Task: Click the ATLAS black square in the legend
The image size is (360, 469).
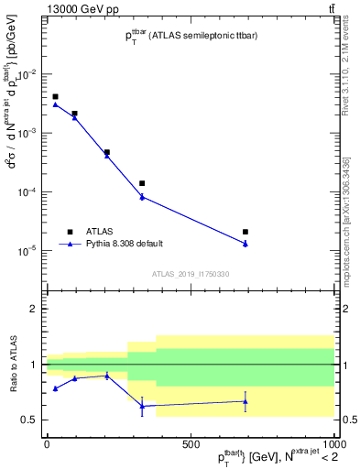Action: click(x=70, y=232)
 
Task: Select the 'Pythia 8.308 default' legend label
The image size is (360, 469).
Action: click(x=124, y=244)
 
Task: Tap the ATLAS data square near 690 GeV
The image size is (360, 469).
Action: click(x=245, y=232)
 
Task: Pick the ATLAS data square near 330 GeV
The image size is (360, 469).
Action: click(x=142, y=183)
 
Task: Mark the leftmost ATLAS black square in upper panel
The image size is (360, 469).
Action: click(x=55, y=96)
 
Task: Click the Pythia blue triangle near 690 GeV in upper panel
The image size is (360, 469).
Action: click(x=245, y=244)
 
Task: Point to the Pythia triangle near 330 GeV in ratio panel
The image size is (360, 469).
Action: click(x=142, y=406)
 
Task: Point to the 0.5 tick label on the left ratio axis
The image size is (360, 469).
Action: click(x=32, y=420)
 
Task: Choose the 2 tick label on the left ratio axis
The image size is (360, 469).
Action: click(x=35, y=310)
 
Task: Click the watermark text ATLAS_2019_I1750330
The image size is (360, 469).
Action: click(x=190, y=274)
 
